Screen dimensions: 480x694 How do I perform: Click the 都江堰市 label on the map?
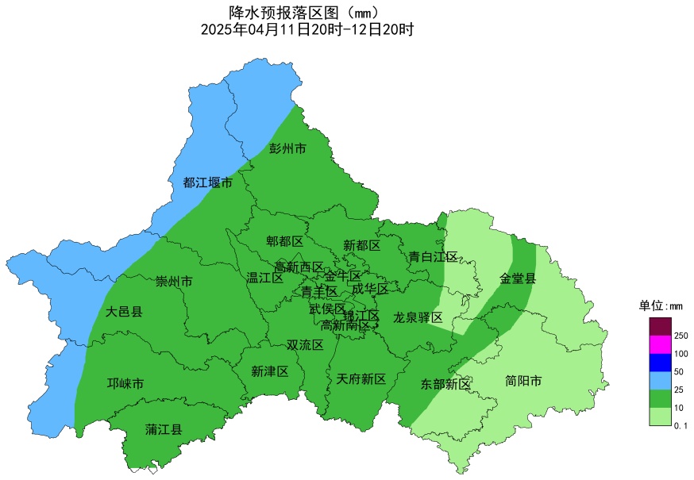tap(208, 182)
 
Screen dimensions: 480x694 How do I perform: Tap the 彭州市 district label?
tap(287, 148)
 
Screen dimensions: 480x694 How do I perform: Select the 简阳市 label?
tap(524, 382)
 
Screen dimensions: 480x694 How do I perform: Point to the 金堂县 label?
tap(518, 278)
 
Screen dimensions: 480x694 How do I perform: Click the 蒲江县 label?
tap(164, 429)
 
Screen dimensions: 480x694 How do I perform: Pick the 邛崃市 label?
tap(125, 384)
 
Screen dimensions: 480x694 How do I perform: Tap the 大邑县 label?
tap(124, 312)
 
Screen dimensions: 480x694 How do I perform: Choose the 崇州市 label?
tap(173, 282)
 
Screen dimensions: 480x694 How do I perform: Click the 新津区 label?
tap(270, 371)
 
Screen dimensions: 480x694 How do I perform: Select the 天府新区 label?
tap(361, 379)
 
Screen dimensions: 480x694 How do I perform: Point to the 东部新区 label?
tap(445, 384)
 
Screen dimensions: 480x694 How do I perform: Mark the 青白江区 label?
tap(434, 256)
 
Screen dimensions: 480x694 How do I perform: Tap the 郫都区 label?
tap(285, 241)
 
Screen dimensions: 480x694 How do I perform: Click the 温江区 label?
tap(265, 278)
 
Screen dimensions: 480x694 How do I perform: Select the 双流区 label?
tap(305, 345)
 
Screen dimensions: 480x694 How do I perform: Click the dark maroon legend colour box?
tap(660, 326)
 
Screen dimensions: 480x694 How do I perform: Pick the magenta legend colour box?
tap(660, 344)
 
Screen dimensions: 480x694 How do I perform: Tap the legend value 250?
tap(681, 336)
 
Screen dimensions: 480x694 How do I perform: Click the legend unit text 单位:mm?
tap(661, 305)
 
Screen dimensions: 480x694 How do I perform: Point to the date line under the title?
tap(307, 30)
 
